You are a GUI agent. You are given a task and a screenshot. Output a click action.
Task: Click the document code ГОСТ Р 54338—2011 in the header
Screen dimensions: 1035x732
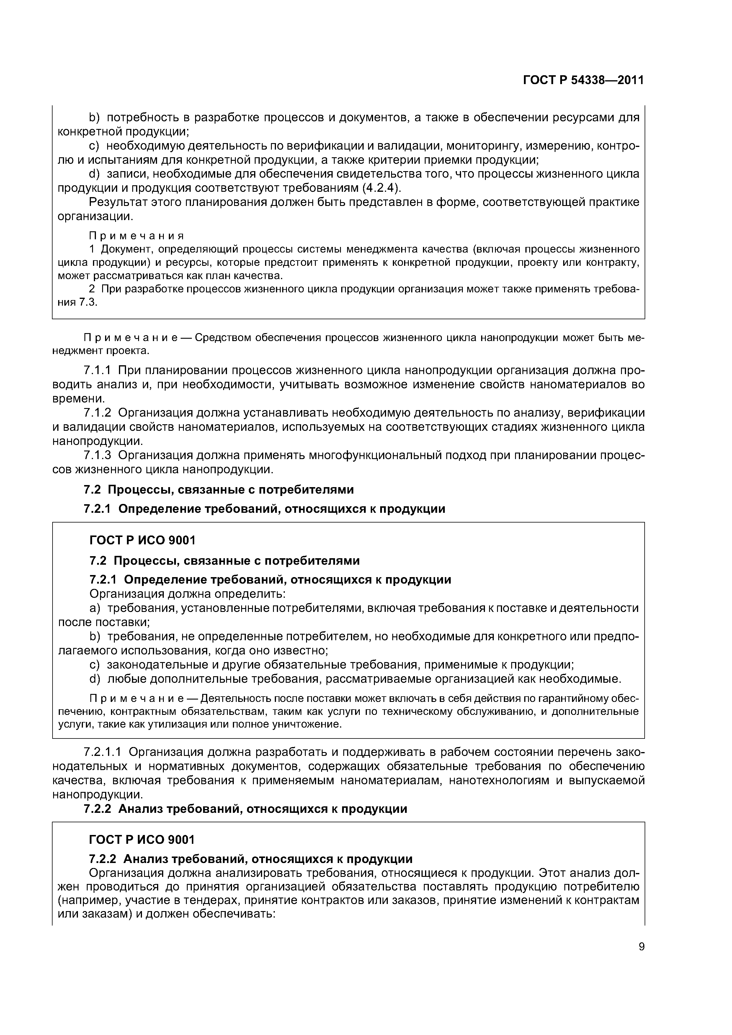[583, 80]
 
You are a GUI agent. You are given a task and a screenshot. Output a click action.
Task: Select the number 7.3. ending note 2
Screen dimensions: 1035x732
[88, 302]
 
